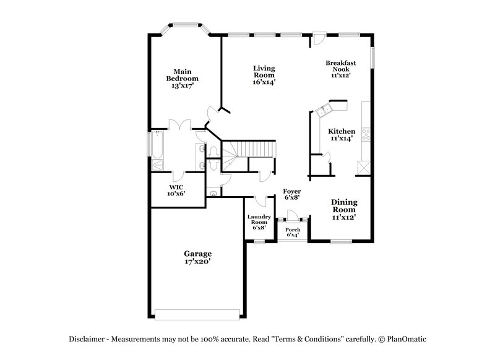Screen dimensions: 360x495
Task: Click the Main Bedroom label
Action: [182, 79]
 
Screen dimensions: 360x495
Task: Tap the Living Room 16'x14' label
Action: [264, 75]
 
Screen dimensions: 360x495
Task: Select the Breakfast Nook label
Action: [340, 69]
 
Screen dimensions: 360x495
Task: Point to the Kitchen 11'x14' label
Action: [342, 135]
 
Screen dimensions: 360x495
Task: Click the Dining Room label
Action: [343, 210]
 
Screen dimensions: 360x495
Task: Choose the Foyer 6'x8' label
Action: [292, 195]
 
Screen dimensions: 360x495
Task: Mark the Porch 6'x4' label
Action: [293, 233]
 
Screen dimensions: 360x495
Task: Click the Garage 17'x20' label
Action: [197, 257]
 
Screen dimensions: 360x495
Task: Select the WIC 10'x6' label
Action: [176, 190]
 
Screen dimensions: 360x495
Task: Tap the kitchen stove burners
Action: [366, 132]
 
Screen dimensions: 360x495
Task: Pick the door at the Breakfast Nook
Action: [318, 38]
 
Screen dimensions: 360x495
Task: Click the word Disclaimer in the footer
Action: [87, 339]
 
